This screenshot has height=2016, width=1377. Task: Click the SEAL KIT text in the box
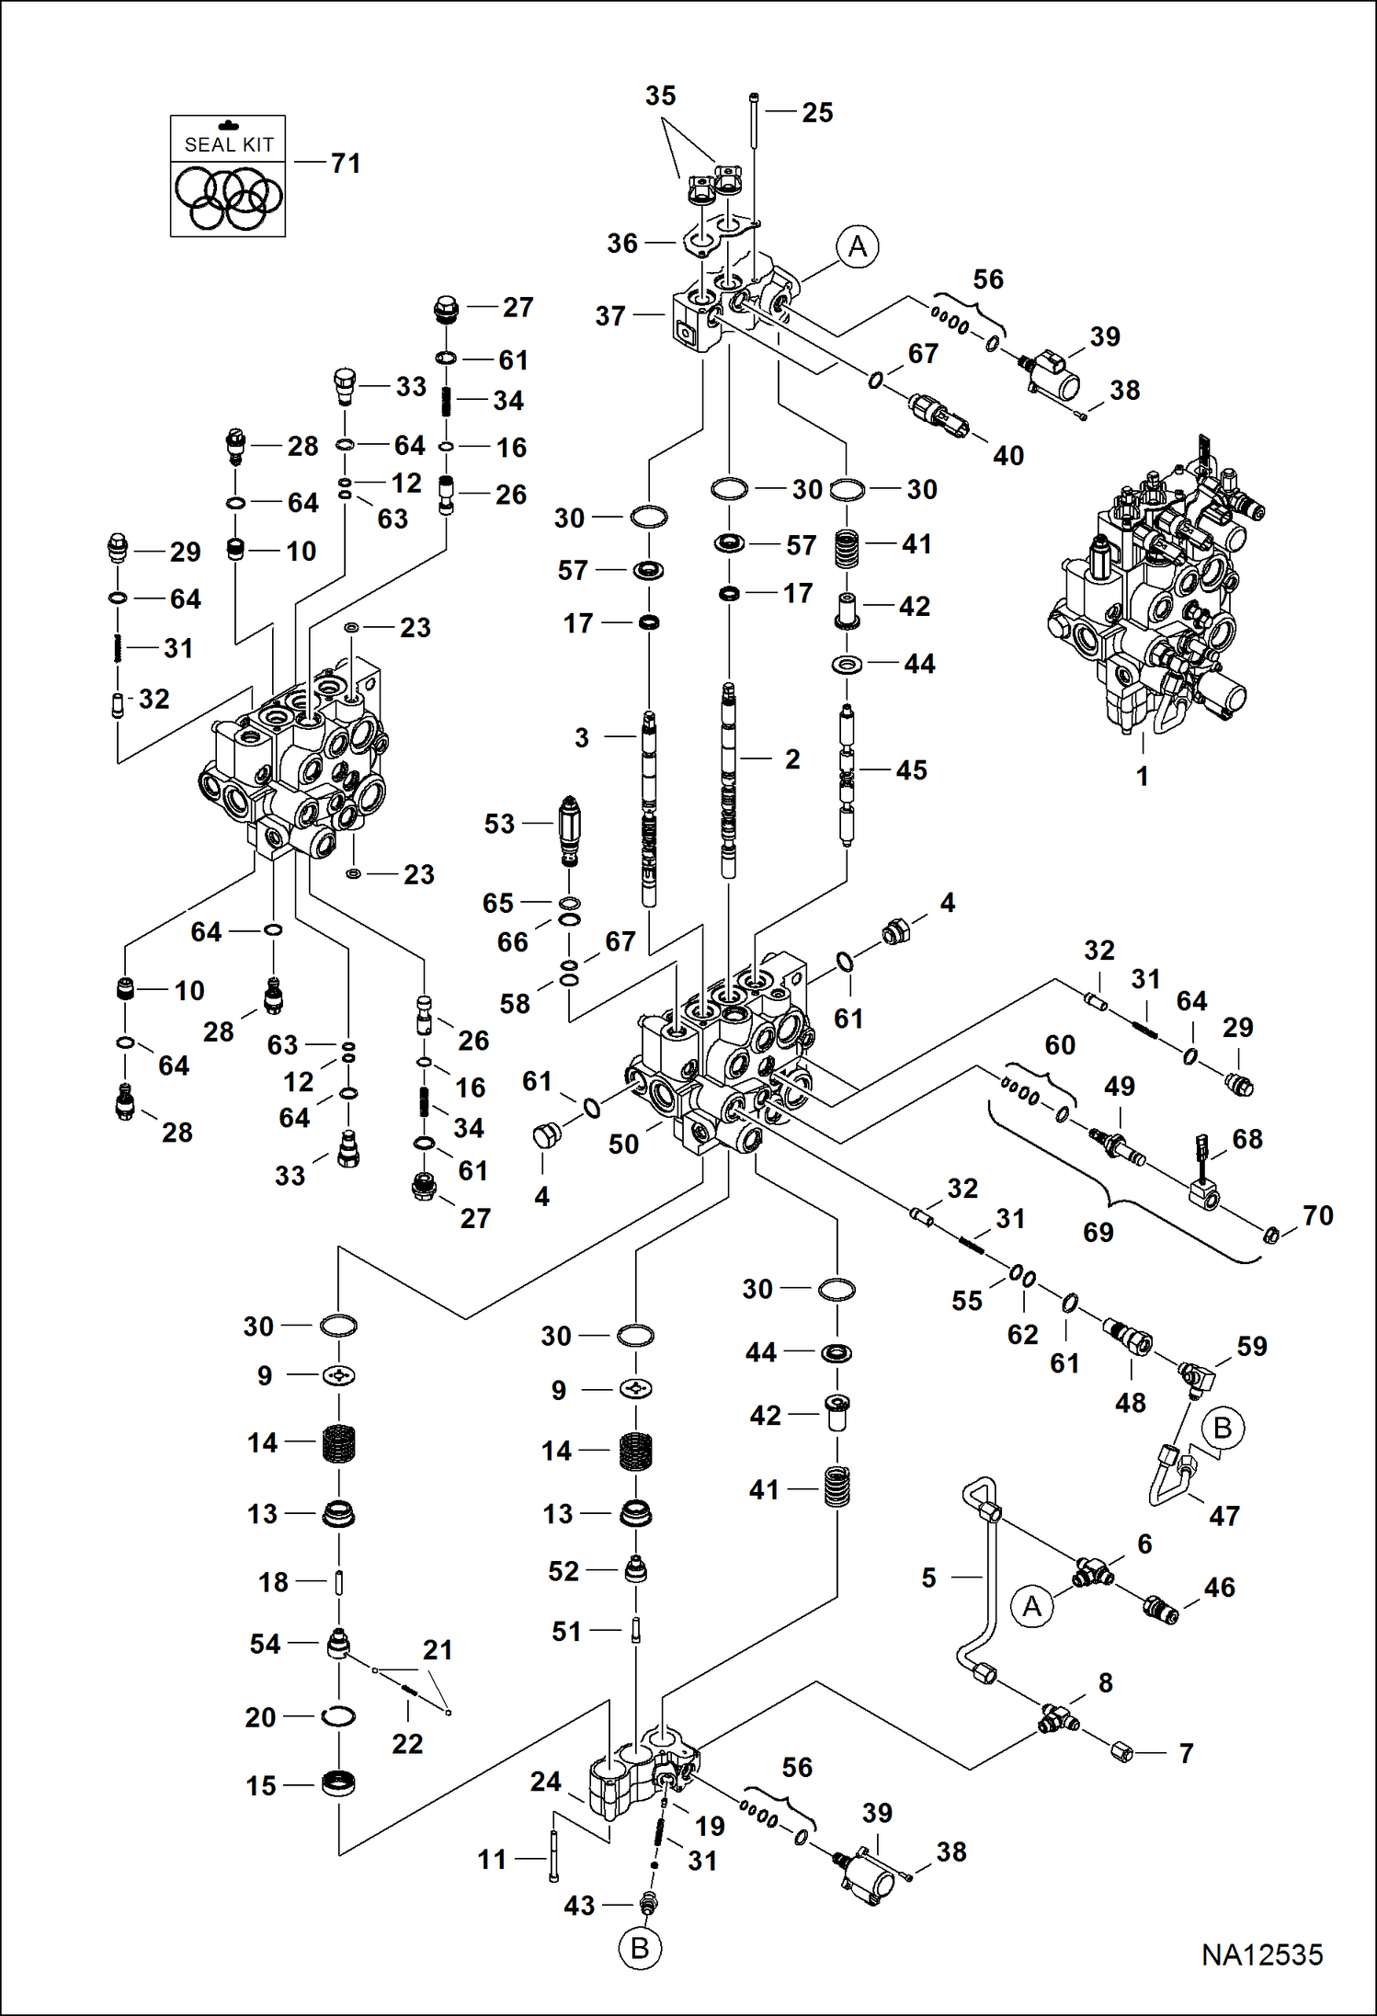click(x=229, y=144)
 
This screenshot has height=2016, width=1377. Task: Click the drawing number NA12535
click(x=1261, y=1953)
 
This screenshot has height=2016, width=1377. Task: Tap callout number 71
click(x=346, y=164)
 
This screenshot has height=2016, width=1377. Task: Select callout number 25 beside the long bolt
click(x=817, y=112)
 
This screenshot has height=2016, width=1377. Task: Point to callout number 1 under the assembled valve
click(x=1142, y=776)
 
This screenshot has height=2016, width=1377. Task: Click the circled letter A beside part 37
click(x=857, y=246)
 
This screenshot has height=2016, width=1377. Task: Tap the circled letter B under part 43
click(x=640, y=1948)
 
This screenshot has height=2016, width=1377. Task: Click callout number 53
click(x=499, y=824)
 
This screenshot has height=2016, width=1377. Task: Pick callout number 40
click(x=1008, y=455)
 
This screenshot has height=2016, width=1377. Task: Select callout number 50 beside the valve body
click(x=623, y=1145)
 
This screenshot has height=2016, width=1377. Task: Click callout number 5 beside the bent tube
click(x=928, y=1577)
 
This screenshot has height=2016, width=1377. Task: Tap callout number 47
click(x=1224, y=1516)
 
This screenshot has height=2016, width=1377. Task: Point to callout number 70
click(x=1318, y=1215)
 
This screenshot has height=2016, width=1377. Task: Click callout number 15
click(x=261, y=1785)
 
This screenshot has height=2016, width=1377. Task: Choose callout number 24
click(x=545, y=1782)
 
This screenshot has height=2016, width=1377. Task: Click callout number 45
click(x=911, y=770)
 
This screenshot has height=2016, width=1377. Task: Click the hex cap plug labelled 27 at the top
click(x=446, y=310)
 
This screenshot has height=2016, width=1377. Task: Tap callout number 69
click(x=1098, y=1232)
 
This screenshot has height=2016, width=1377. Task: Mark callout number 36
click(x=622, y=244)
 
